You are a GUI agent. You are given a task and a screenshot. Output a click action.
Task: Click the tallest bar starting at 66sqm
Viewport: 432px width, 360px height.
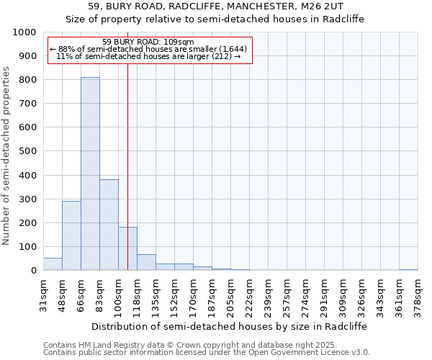pos(90,174)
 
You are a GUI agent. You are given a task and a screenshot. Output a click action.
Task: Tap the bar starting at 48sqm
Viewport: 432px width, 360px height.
pos(71,235)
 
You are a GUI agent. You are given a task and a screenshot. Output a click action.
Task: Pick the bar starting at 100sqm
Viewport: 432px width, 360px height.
pos(127,248)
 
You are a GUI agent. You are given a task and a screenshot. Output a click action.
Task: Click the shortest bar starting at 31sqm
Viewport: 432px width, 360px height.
pos(53,264)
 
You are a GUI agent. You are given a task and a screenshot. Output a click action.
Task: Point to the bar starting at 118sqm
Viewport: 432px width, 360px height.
pos(146,262)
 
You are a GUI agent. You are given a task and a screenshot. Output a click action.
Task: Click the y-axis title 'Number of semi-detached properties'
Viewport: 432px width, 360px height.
pos(7,156)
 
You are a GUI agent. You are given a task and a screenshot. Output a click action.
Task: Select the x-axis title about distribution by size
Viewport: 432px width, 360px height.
pos(230,326)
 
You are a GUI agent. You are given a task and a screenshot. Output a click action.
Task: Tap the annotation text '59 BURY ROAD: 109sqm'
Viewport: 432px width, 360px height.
pos(148,42)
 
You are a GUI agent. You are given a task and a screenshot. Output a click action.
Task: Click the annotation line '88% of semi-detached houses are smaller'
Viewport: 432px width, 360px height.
pos(148,49)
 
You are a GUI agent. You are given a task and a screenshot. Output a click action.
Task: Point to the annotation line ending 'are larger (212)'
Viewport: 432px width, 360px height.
pos(148,56)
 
